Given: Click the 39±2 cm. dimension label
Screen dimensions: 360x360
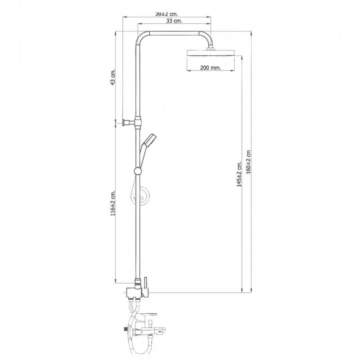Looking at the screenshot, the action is [x=166, y=14].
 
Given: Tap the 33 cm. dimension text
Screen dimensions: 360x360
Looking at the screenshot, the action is [x=174, y=21].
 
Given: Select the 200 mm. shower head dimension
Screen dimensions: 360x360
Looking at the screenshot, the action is [x=210, y=68].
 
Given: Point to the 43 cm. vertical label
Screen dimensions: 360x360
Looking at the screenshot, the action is [x=113, y=77].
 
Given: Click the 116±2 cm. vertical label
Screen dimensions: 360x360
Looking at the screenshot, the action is [x=113, y=203].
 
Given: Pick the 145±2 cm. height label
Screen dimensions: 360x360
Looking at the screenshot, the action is [x=239, y=174].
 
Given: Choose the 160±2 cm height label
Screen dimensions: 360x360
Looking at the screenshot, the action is [x=248, y=162].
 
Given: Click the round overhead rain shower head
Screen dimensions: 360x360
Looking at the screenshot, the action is [x=211, y=53].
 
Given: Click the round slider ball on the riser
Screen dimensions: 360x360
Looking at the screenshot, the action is [x=138, y=171].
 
